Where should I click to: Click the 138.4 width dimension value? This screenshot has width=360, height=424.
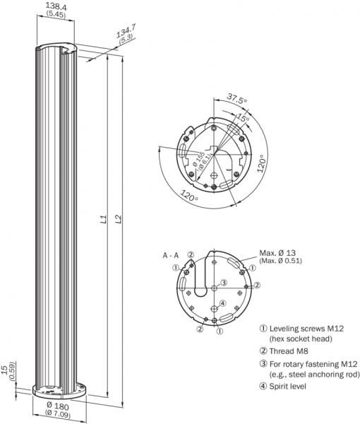(x=56, y=6)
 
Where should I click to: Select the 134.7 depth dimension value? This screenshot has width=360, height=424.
(x=126, y=31)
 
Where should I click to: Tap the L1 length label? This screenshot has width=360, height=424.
(x=104, y=219)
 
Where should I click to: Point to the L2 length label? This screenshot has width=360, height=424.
(x=119, y=219)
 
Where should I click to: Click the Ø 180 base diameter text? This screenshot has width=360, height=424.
(x=57, y=406)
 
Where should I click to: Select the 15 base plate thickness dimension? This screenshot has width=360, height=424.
(x=4, y=370)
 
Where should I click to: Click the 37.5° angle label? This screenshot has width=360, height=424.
(x=237, y=98)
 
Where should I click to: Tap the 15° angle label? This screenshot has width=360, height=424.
(x=243, y=117)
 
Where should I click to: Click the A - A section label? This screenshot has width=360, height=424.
(x=171, y=255)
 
